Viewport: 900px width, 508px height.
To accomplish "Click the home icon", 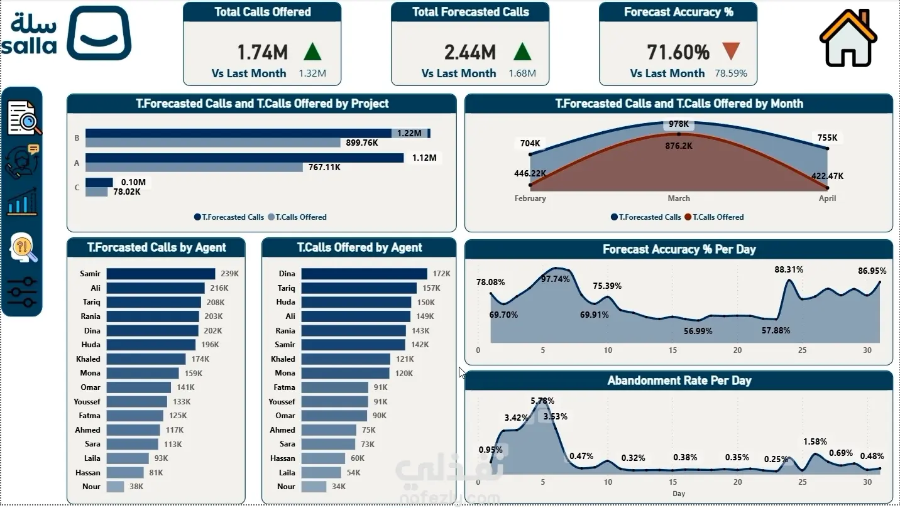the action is pyautogui.click(x=848, y=38).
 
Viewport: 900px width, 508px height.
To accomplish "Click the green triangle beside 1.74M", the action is pyautogui.click(x=312, y=51).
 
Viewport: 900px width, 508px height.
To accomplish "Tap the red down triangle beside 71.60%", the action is pyautogui.click(x=731, y=51).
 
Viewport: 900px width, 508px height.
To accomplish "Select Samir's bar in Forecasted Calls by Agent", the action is pyautogui.click(x=161, y=274).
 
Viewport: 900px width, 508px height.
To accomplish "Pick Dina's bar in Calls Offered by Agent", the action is pyautogui.click(x=364, y=274).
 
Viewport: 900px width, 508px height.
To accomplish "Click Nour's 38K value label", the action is pyautogui.click(x=136, y=487).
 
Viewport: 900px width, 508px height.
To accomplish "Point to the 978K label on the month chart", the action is pyautogui.click(x=679, y=124).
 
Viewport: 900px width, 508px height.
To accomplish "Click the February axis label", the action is pyautogui.click(x=530, y=198).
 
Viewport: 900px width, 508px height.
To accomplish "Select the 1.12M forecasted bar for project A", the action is pyautogui.click(x=244, y=158).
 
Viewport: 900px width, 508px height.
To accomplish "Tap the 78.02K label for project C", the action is pyautogui.click(x=126, y=192).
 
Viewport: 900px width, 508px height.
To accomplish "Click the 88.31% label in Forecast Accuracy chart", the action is pyautogui.click(x=789, y=270).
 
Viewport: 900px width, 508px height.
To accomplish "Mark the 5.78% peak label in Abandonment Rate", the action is pyautogui.click(x=542, y=401).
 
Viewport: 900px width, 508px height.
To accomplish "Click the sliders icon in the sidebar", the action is pyautogui.click(x=22, y=292).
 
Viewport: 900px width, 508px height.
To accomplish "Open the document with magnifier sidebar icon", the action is pyautogui.click(x=24, y=117).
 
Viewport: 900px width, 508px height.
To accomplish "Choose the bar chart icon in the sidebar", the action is pyautogui.click(x=23, y=202).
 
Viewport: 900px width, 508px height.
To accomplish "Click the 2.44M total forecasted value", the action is pyautogui.click(x=469, y=53).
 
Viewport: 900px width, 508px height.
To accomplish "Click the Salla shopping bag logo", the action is pyautogui.click(x=99, y=33).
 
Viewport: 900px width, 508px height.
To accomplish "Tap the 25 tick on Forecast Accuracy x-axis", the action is pyautogui.click(x=802, y=350).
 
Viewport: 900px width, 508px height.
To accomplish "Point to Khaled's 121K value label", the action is pyautogui.click(x=405, y=359).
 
